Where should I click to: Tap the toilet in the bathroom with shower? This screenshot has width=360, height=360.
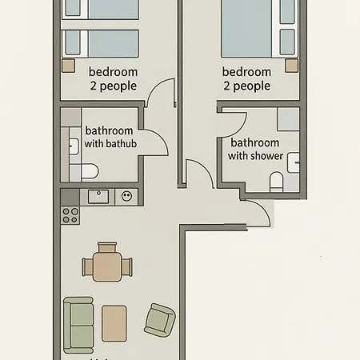[276, 183]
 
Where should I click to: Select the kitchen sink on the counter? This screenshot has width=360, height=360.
[99, 196]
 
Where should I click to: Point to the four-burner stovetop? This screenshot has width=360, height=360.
[70, 215]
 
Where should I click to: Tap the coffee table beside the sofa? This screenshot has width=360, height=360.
[114, 322]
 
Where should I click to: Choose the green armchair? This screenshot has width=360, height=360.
[158, 320]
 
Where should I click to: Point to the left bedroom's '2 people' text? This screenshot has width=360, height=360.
[113, 86]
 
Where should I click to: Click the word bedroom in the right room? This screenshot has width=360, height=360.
[246, 71]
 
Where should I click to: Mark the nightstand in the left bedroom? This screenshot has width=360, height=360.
[69, 65]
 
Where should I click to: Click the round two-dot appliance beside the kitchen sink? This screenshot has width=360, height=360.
[126, 195]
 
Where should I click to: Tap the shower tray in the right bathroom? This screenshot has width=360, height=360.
[289, 119]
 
